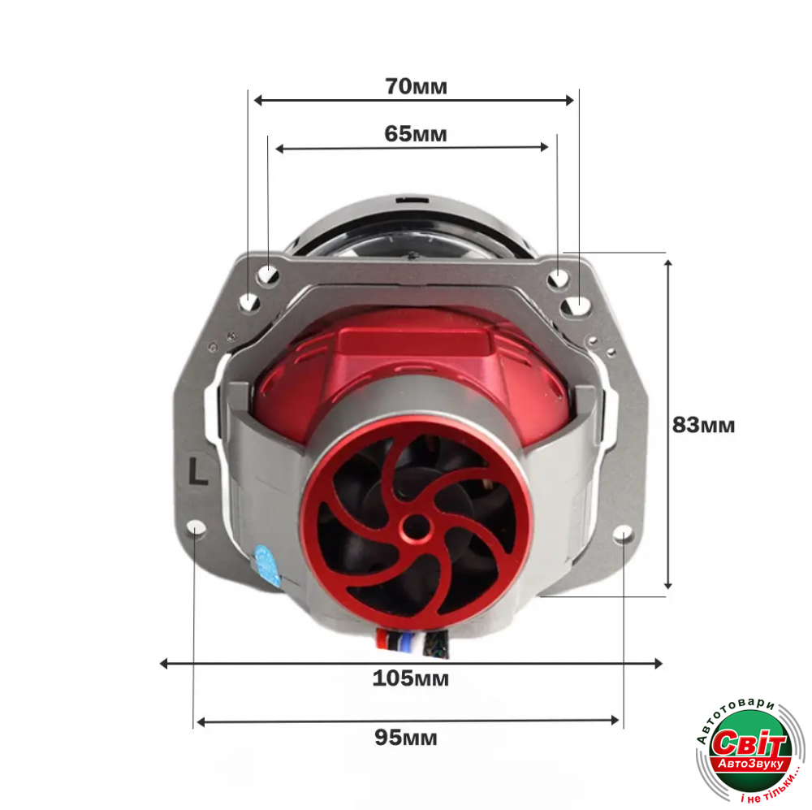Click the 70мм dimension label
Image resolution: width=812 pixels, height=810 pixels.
click(x=416, y=87)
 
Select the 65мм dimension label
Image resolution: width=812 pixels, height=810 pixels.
click(x=415, y=134)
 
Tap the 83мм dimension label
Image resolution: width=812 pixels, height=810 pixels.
click(x=703, y=425)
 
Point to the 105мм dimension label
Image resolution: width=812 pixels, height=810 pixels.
click(x=411, y=678)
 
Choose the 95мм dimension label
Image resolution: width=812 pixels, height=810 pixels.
click(x=406, y=738)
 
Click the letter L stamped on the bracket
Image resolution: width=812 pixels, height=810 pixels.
click(x=198, y=471)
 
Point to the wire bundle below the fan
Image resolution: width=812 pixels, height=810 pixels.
click(x=413, y=643)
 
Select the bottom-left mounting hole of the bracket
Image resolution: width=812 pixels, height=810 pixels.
click(x=197, y=528)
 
